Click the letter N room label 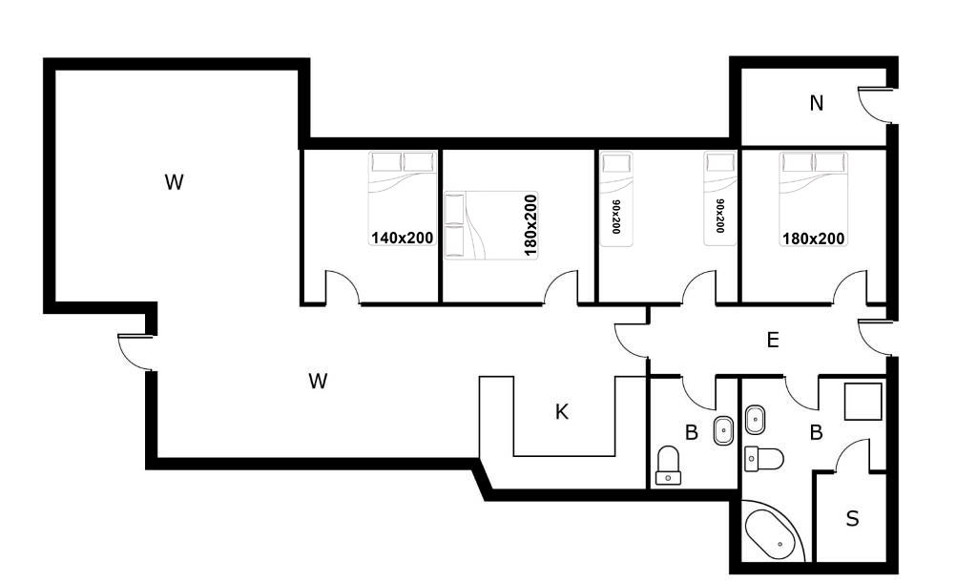tap(817, 103)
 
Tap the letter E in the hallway tap(773, 340)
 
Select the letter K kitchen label tap(561, 411)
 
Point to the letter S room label tap(852, 518)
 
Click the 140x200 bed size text tap(403, 238)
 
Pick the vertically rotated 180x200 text tap(530, 225)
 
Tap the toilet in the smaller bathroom tap(669, 465)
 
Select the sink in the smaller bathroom tap(723, 430)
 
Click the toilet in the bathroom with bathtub tap(764, 459)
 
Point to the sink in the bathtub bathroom tap(755, 420)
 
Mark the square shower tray tap(863, 402)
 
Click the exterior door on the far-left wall tap(135, 353)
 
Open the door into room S tap(852, 455)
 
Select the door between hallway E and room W tap(631, 341)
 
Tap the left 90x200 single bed tap(616, 198)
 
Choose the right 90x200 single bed tap(720, 198)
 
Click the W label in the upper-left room tap(174, 182)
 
